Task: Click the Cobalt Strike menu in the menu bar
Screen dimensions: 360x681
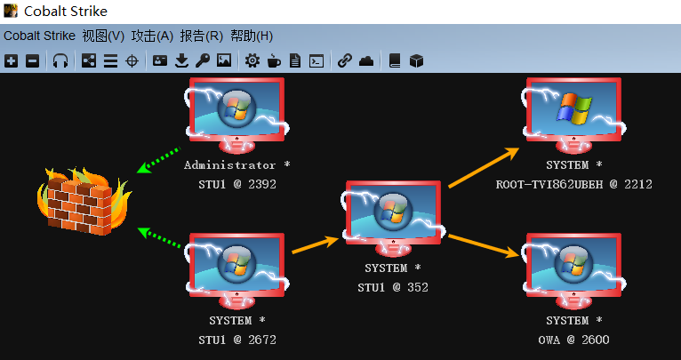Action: (39, 36)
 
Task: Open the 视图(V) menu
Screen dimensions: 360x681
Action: (103, 36)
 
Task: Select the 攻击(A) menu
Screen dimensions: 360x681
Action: (152, 36)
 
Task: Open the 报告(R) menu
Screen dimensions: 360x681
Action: (202, 36)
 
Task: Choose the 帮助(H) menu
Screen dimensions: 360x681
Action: (252, 36)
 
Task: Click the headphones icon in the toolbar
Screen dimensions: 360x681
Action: (60, 61)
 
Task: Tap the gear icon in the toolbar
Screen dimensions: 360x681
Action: (252, 61)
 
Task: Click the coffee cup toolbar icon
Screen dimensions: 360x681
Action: (274, 61)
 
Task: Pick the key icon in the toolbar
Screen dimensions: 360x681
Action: (203, 61)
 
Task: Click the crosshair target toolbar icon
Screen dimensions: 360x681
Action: (132, 61)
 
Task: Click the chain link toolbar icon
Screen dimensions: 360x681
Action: (345, 61)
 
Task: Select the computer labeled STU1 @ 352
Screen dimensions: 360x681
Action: (393, 219)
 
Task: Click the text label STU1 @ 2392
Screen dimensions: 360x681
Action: (237, 185)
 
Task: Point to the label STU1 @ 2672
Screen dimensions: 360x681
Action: (237, 340)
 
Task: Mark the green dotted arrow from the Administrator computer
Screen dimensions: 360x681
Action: (160, 160)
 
